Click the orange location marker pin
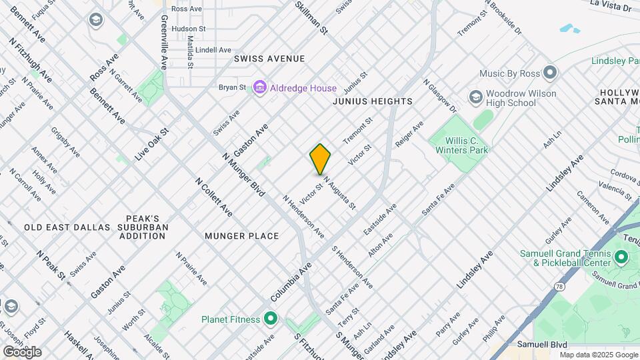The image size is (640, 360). pos(320,159)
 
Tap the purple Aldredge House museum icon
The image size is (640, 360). pos(260,88)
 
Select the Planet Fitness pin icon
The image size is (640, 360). pos(270,319)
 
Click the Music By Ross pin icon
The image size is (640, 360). pos(549,72)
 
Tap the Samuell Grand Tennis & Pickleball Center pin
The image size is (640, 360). pos(621,257)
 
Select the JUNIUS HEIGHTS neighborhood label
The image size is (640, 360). pos(373,101)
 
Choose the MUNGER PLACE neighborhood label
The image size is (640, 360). pos(241,236)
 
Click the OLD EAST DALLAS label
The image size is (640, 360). pos(67,227)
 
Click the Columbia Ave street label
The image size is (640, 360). pos(291,281)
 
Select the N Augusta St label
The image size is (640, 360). pos(339,193)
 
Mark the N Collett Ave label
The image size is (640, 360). pos(213,197)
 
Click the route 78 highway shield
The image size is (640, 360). pos(558,285)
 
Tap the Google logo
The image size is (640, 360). pos(21,351)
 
